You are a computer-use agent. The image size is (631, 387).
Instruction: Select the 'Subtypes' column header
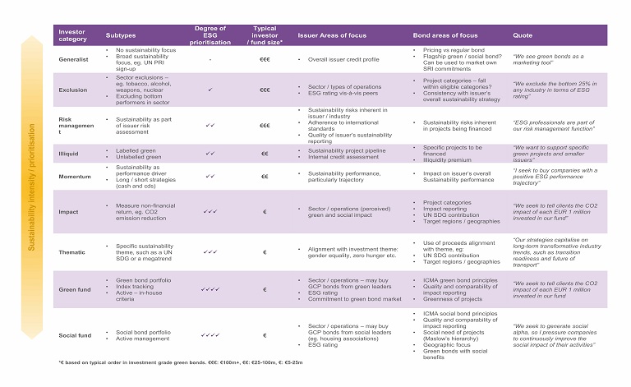tap(121, 36)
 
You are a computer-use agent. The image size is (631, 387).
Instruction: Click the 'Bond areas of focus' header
tap(445, 36)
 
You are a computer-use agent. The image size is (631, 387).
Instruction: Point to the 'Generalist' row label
tap(72, 60)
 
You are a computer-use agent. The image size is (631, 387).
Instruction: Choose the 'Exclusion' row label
tap(72, 90)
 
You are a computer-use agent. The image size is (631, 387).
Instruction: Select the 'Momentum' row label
tap(74, 176)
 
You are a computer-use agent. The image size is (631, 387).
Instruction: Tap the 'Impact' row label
tap(67, 211)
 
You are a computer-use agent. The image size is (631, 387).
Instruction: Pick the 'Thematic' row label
tap(71, 252)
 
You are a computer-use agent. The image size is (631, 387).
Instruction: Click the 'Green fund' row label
tap(74, 289)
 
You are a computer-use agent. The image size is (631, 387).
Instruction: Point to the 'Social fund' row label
tap(75, 335)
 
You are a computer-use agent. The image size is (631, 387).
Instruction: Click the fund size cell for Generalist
tap(265, 60)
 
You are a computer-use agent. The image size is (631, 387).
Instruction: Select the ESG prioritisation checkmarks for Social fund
tap(210, 335)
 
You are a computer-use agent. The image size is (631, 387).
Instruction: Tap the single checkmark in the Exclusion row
tap(210, 90)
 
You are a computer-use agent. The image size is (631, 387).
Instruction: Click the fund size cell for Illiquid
tap(265, 153)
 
